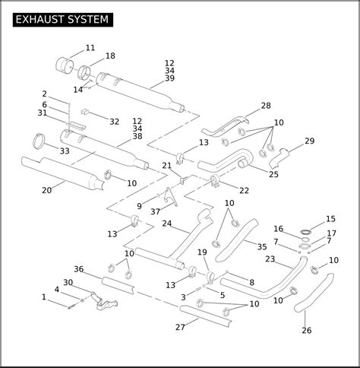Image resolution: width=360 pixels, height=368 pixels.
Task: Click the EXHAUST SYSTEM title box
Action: (x=63, y=20)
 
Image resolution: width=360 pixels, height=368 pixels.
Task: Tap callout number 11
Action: (x=90, y=48)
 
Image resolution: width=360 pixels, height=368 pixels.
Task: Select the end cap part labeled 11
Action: (x=65, y=65)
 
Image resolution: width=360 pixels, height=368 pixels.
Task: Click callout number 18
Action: (x=110, y=56)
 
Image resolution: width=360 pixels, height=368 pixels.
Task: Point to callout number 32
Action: (x=114, y=122)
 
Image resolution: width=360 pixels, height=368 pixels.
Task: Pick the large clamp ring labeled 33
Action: (x=39, y=141)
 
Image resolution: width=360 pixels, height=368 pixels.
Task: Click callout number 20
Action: (x=47, y=190)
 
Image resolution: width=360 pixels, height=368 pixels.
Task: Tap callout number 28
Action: (x=266, y=106)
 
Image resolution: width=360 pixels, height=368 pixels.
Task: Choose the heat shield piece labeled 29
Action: (x=278, y=158)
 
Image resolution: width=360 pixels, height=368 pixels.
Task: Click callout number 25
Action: (x=273, y=174)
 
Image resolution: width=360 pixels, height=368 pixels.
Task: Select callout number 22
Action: (x=244, y=190)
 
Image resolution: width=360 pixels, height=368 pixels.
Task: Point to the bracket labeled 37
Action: (x=169, y=197)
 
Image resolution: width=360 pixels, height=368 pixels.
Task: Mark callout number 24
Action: (x=167, y=224)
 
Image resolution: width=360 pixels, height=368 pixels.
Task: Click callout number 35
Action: (x=262, y=247)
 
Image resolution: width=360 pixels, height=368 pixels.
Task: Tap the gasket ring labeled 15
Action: (x=305, y=232)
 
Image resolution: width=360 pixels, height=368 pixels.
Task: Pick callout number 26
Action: (x=307, y=331)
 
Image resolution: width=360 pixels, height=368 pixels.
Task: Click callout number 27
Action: (x=180, y=327)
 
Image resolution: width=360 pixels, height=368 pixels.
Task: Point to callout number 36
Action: (x=79, y=269)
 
